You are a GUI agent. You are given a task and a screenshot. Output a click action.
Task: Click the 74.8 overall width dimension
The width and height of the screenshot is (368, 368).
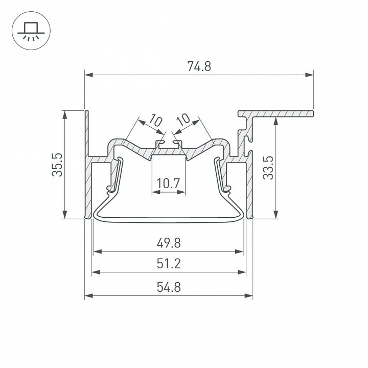pos(199,66)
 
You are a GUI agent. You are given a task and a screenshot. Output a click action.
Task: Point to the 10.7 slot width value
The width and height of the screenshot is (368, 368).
pos(168,183)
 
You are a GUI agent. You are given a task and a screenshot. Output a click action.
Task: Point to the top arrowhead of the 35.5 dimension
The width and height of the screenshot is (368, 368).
pos(64,113)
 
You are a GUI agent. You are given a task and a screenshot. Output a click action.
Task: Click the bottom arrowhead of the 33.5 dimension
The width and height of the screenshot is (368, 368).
pos(276,215)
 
